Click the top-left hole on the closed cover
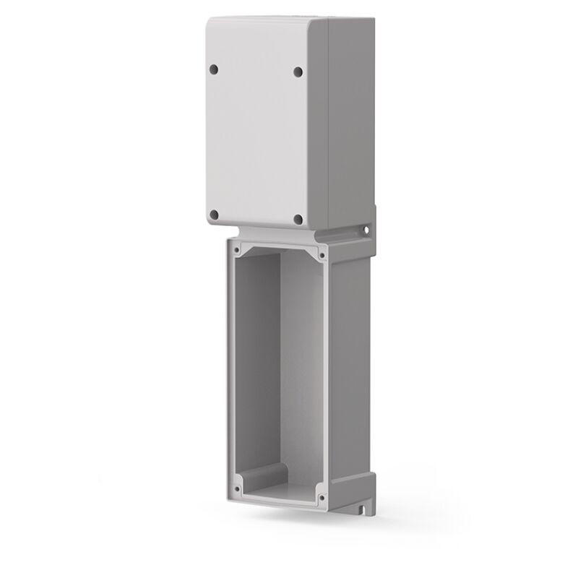pyautogui.click(x=213, y=69)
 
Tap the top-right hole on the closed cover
pyautogui.click(x=298, y=72)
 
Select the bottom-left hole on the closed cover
pyautogui.click(x=213, y=214)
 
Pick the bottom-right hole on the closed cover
pyautogui.click(x=297, y=219)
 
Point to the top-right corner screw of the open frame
pyautogui.click(x=320, y=254)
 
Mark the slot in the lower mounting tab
pyautogui.click(x=362, y=514)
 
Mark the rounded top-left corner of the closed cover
pyautogui.click(x=210, y=23)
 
